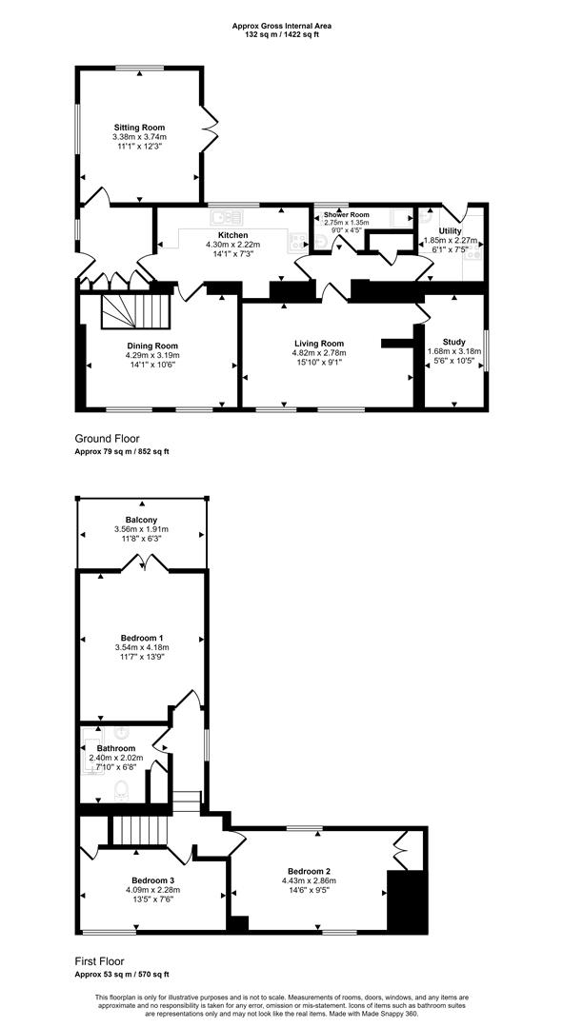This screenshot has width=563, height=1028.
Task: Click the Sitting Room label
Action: coord(139,127)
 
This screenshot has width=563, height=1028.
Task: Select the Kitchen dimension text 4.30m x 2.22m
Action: coord(232,245)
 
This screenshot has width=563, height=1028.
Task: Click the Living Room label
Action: coord(318,344)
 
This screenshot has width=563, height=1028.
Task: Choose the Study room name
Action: coord(454,341)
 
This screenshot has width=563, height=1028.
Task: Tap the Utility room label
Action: coord(450,231)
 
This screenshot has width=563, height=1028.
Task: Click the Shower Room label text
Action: coord(346,216)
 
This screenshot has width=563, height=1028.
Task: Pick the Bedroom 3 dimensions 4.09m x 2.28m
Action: coord(152,890)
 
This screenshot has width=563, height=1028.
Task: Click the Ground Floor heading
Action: coord(107,439)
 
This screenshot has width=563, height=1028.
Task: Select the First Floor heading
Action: coord(99,961)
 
